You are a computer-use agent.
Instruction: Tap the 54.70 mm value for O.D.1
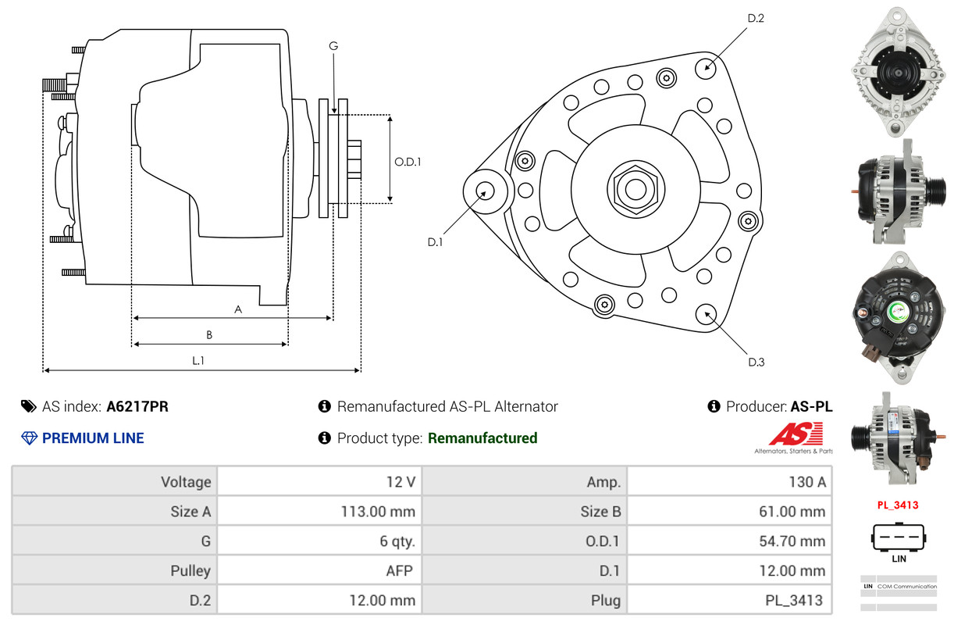coord(791,541)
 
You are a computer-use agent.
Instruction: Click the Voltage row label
coord(186,482)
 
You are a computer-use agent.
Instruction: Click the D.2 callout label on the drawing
coord(756,18)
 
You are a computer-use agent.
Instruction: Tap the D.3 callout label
coord(756,362)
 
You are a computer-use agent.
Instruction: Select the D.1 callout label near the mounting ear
coord(435,242)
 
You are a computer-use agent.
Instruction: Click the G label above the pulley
coord(333,46)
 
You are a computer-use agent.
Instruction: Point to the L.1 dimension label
coord(198,360)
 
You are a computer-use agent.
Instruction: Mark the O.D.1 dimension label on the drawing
coord(408,162)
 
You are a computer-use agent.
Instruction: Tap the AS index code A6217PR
coord(137,406)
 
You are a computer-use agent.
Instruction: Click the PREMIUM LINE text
coord(93,438)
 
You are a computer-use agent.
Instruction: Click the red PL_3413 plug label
coord(897,505)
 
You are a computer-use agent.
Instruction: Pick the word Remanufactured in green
coord(482,438)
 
